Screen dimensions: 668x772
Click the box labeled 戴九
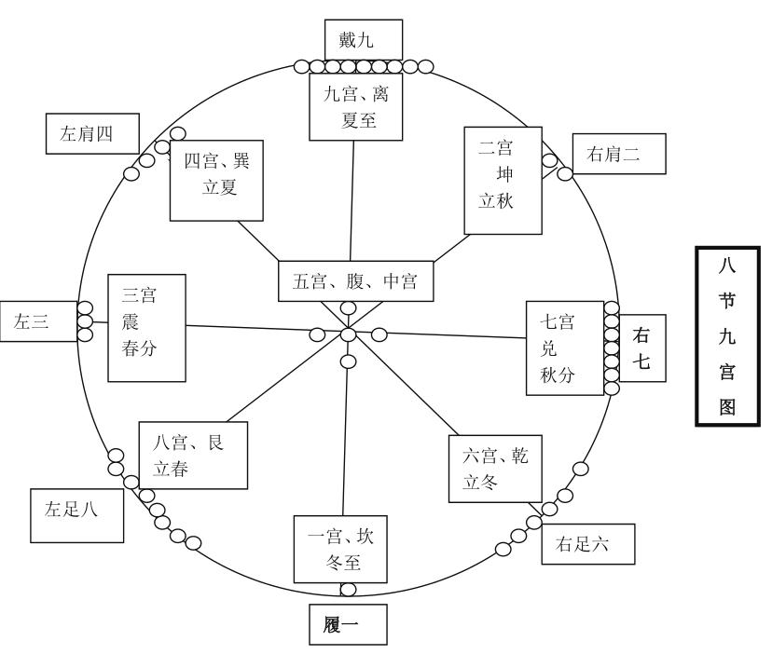(362, 40)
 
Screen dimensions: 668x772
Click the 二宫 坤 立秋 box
(503, 181)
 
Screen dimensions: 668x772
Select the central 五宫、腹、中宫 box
(354, 281)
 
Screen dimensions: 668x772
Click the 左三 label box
(37, 321)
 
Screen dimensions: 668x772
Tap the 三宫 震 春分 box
(145, 328)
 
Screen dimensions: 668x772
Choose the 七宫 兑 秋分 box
(564, 348)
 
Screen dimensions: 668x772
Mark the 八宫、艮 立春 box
(194, 455)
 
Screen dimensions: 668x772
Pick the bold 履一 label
(346, 625)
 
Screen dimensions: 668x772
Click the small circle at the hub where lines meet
(348, 334)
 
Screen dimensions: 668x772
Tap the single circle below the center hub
(348, 361)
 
